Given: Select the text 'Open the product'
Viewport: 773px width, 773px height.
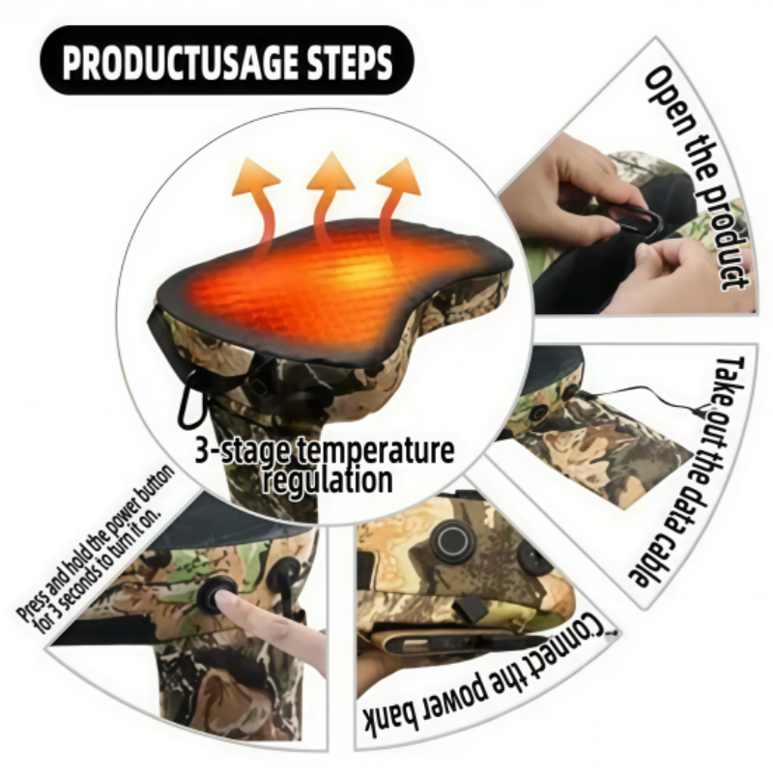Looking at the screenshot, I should pyautogui.click(x=696, y=179).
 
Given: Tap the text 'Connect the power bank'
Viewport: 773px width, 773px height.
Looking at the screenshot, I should pyautogui.click(x=493, y=696).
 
